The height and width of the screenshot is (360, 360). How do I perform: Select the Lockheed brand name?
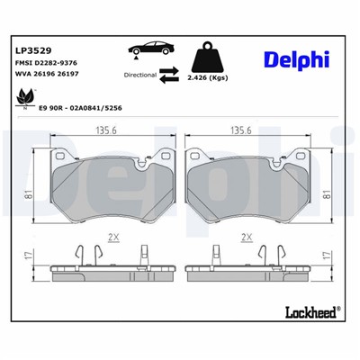[x=310, y=312]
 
